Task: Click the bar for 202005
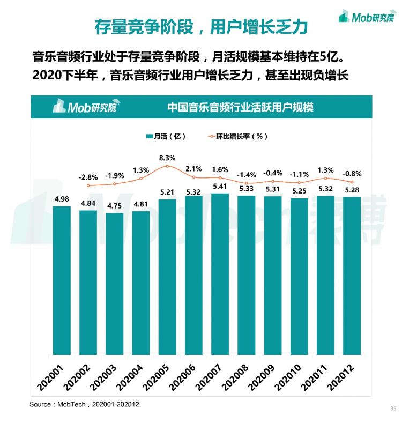coord(167,276)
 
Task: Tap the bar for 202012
coord(352,276)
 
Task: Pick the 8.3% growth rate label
coord(167,158)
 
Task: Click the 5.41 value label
coord(220,187)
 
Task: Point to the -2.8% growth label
coord(88,177)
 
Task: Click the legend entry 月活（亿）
coord(166,136)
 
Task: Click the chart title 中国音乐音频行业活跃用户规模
coord(240,107)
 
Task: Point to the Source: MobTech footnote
coord(84,404)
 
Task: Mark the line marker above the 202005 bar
coord(167,166)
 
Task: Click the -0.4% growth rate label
coord(273,173)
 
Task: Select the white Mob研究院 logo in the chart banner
coord(84,107)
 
